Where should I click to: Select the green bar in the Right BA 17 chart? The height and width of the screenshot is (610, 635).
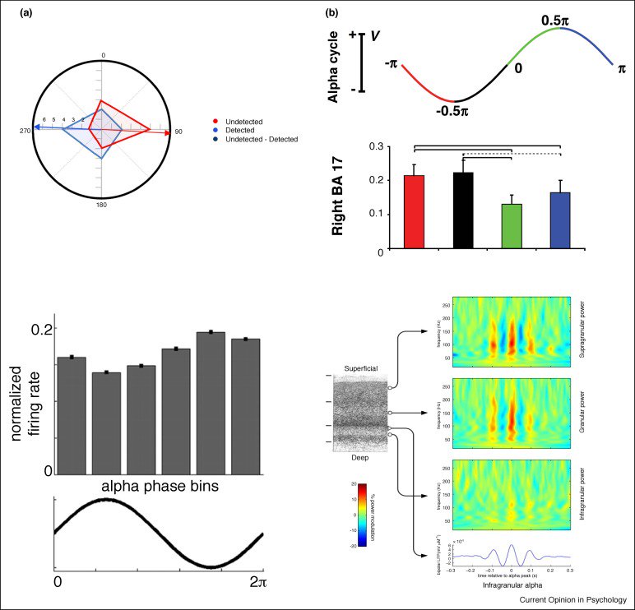point(512,226)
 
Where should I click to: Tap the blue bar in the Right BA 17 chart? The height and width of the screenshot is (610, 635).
point(560,220)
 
